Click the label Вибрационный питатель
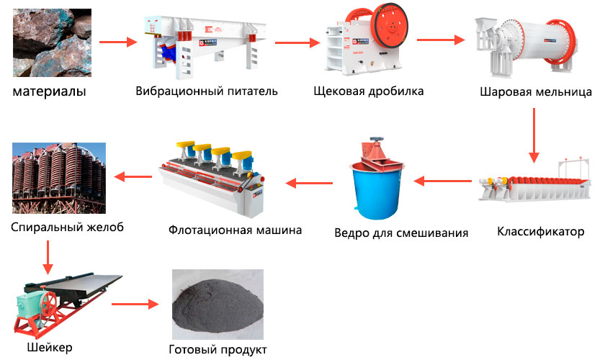pos(206,91)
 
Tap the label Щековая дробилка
pos(369,91)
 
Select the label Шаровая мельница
pos(536,92)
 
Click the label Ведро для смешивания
pos(401,233)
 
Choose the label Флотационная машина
pos(235,230)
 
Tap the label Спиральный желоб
pos(67,228)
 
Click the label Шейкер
pos(49,347)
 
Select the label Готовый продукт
pos(218,349)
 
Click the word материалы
pos(49,92)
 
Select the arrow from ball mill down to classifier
pos(534,135)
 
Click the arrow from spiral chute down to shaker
pos(48,257)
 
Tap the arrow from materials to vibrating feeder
pos(117,42)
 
